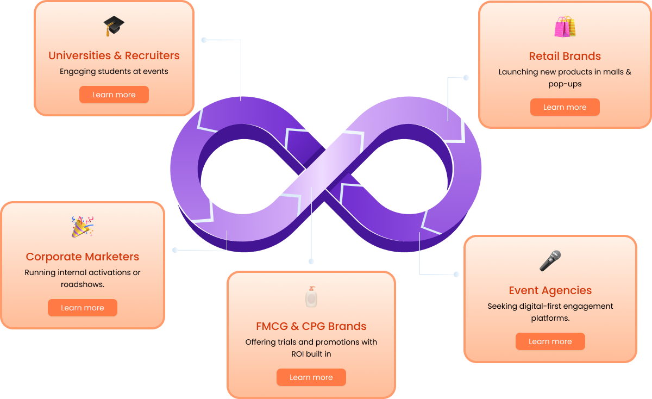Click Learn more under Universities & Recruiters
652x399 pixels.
coord(114,95)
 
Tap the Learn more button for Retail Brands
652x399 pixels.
coord(565,107)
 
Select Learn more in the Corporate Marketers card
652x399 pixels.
coord(83,308)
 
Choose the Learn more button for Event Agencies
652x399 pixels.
coord(550,341)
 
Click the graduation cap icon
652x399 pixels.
coord(114,26)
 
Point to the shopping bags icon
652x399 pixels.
coord(565,27)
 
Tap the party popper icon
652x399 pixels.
coord(83,227)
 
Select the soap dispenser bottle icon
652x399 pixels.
coord(311,297)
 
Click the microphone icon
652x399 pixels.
coord(550,261)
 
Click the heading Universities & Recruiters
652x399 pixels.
coord(114,55)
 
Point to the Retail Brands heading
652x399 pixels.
coord(565,56)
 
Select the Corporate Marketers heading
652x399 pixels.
coord(83,257)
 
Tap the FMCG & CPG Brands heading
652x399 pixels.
coord(311,326)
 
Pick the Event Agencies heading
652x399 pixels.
coord(550,290)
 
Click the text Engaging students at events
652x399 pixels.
coord(114,71)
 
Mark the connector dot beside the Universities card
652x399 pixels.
coord(204,40)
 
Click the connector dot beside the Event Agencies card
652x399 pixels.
coord(456,274)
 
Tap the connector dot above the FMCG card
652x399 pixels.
coord(311,261)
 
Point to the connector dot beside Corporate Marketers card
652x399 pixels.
coord(175,250)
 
